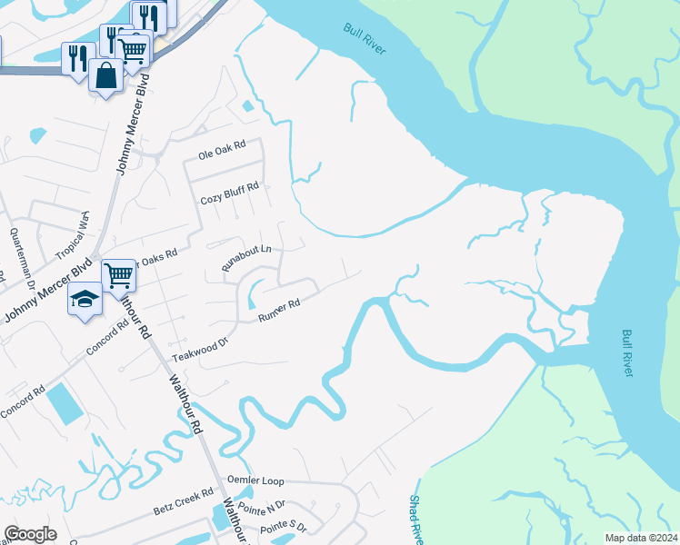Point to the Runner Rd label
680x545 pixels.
pyautogui.click(x=279, y=311)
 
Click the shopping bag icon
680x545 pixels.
pyautogui.click(x=105, y=75)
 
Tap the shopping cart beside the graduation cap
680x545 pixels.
pyautogui.click(x=118, y=273)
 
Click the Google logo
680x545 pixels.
pyautogui.click(x=30, y=534)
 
